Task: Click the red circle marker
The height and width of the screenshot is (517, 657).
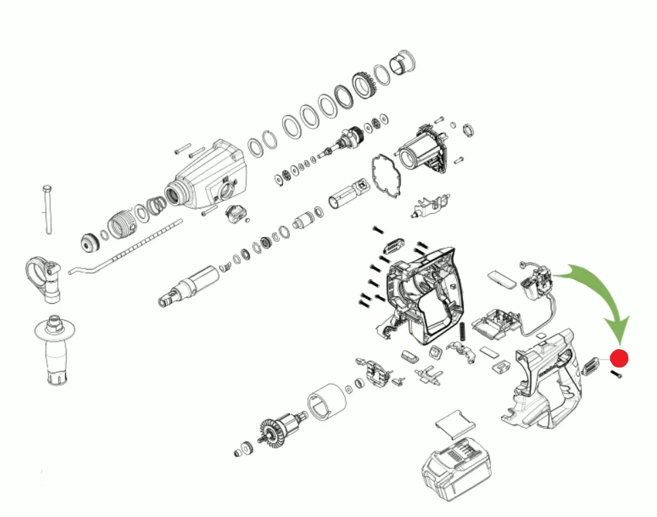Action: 620,358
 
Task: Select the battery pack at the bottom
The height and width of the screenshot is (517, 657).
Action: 453,469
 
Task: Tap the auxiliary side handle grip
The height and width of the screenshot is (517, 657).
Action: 57,353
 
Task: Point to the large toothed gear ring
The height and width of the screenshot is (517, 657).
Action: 367,86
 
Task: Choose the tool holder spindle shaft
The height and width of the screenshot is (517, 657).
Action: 190,285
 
